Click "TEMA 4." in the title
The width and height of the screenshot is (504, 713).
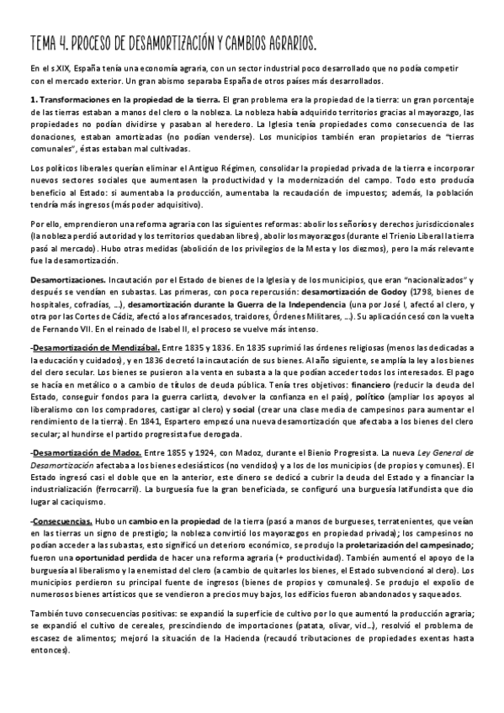click(51, 41)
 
